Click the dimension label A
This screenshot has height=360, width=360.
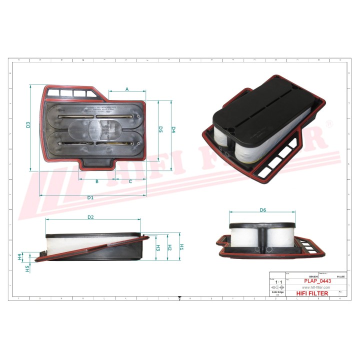127,89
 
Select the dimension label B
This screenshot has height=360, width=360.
97,181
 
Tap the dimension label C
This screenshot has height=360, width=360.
130,181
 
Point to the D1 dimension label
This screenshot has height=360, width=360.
90,198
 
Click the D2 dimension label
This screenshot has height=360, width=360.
91,217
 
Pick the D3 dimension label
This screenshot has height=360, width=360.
28,125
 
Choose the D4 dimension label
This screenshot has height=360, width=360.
173,129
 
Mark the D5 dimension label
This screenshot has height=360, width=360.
160,129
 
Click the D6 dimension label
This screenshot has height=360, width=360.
262,210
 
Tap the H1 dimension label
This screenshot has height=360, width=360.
182,247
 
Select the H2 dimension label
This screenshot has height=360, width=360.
169,247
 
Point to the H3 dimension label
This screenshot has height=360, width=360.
157,247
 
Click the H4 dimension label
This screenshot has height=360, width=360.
20,257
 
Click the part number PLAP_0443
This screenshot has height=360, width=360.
318,281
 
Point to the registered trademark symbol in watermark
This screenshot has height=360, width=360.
328,123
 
